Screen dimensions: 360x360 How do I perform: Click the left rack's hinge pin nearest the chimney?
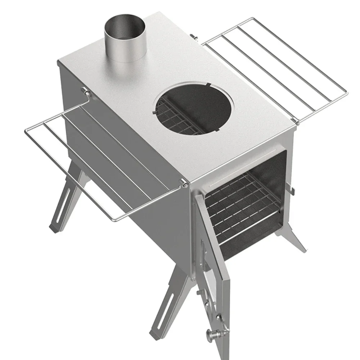[87, 93]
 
